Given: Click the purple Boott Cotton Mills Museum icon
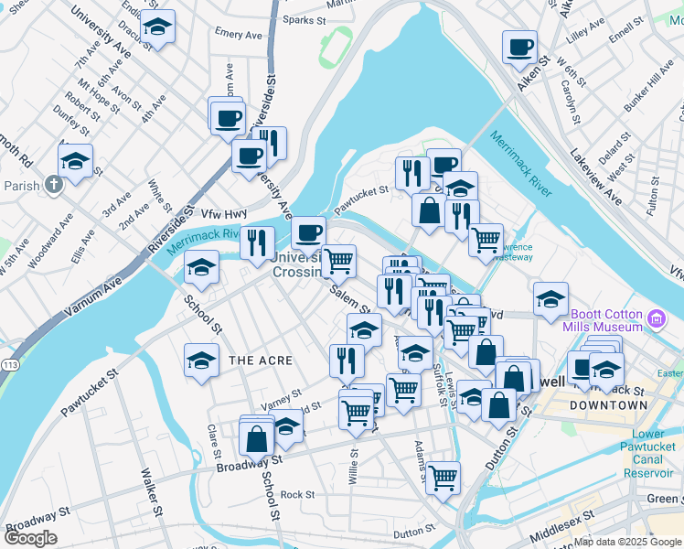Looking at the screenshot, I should tap(656, 318).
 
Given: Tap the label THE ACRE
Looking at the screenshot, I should tap(261, 361).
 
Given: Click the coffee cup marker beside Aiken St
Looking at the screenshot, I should tap(520, 47).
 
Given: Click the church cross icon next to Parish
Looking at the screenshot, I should tap(54, 186).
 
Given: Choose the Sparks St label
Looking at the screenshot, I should tap(305, 18).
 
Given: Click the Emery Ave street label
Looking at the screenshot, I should tap(238, 34).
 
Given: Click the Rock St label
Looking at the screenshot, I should tap(298, 495).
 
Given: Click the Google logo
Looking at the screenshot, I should tap(30, 538).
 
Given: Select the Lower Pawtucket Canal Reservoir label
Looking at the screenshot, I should tap(647, 454).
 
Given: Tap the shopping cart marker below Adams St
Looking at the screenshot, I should tap(443, 477).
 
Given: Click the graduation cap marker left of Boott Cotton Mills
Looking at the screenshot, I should tap(550, 299).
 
